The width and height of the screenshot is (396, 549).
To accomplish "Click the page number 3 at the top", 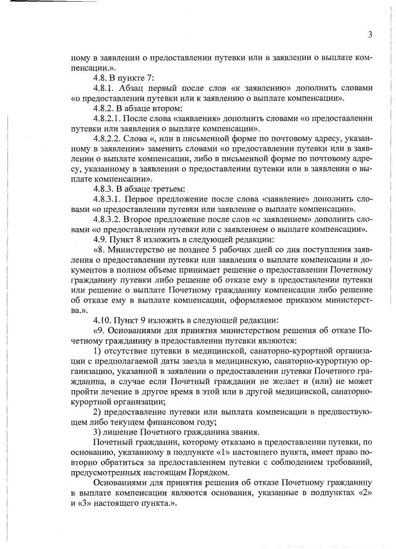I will click(369, 34).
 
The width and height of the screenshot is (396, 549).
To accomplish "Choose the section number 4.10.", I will click(102, 320).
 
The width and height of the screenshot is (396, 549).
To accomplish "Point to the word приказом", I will click(293, 300).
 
